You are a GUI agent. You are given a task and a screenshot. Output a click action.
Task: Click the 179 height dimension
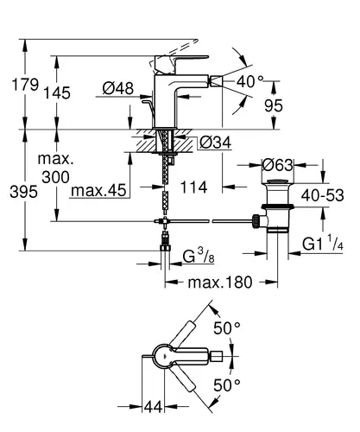[25, 85]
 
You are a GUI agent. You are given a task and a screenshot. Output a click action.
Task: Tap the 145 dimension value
[57, 92]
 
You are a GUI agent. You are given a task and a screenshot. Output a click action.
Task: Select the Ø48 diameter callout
[118, 88]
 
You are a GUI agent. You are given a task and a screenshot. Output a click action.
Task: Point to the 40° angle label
[249, 81]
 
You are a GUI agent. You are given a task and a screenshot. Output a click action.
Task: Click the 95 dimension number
[274, 105]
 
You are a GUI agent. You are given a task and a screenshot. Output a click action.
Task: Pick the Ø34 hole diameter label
[216, 143]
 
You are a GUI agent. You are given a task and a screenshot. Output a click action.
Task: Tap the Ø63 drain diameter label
[277, 165]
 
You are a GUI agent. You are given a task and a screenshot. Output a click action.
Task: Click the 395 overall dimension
[23, 192]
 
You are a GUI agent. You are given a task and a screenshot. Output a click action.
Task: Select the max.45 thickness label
[98, 190]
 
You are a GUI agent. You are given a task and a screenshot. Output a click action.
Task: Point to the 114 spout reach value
[193, 187]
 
